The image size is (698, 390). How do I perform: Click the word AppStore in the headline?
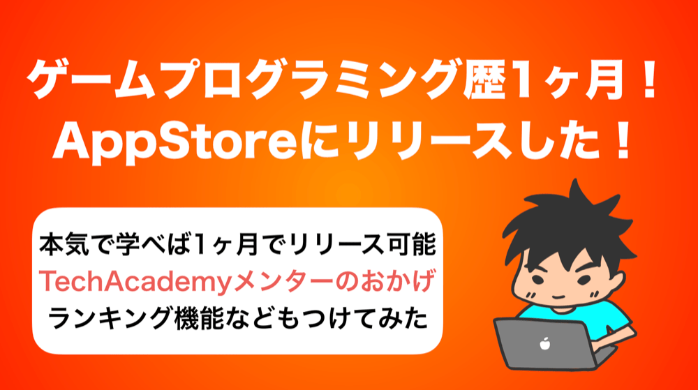175,141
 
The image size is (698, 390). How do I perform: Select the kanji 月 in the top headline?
604,81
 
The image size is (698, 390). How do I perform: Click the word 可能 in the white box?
410,245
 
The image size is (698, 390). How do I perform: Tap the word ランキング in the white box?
110,318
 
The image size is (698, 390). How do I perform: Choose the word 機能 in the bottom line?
199,318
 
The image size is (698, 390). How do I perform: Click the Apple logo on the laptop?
545,344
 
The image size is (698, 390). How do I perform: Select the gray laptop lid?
544,344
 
